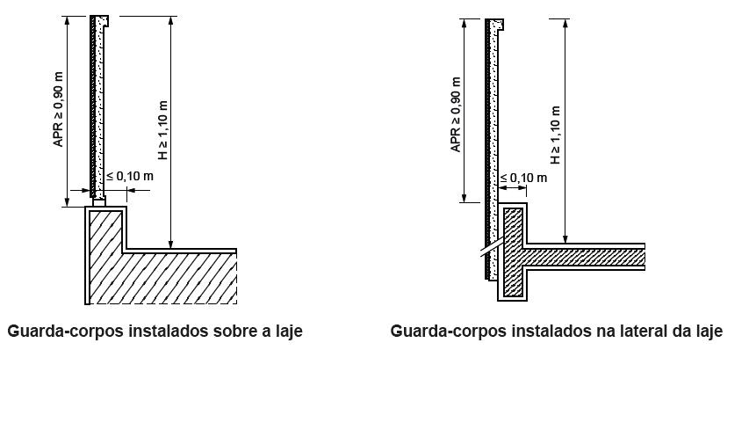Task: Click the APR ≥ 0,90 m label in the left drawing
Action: [58, 110]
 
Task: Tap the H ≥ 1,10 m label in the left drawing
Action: [163, 130]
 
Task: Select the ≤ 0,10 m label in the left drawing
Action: [130, 176]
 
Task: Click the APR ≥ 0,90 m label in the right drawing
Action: [456, 115]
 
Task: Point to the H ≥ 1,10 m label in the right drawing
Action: [555, 135]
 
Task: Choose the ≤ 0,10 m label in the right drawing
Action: [523, 178]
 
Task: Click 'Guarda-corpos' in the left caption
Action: [66, 332]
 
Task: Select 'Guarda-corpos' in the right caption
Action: [449, 332]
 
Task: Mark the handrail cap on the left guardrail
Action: [99, 21]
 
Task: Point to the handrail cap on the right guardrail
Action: [494, 25]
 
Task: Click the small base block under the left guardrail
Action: [99, 202]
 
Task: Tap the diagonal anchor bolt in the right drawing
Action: [493, 248]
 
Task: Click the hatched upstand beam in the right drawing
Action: [514, 252]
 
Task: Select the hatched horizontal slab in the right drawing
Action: [584, 258]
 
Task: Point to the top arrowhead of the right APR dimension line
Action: [464, 25]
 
